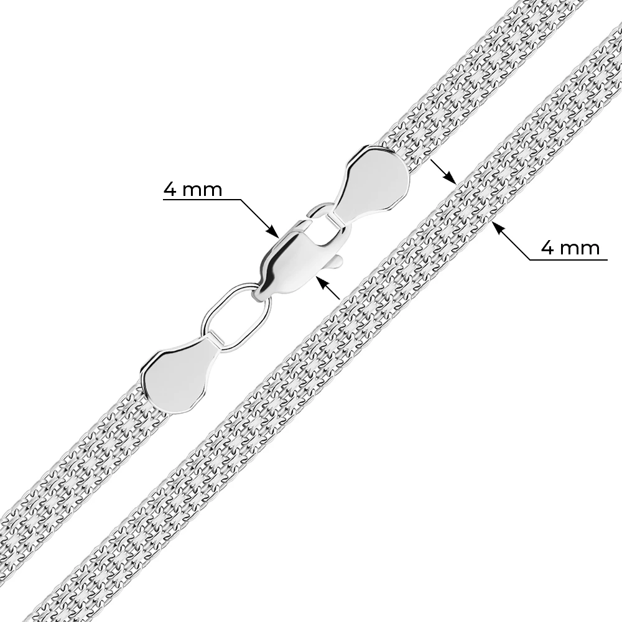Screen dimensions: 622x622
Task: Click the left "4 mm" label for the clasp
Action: pyautogui.click(x=193, y=190)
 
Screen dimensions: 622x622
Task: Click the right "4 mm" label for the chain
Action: pyautogui.click(x=570, y=248)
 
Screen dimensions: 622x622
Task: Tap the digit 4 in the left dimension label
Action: pyautogui.click(x=170, y=190)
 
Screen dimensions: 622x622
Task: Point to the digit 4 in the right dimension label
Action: pyautogui.click(x=547, y=248)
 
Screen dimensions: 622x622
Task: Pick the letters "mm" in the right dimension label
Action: pyautogui.click(x=579, y=250)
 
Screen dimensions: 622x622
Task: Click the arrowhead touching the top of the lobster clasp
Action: pyautogui.click(x=273, y=231)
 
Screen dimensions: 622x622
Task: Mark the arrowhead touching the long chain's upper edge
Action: pyautogui.click(x=450, y=178)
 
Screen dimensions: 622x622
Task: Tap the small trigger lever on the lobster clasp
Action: pyautogui.click(x=336, y=261)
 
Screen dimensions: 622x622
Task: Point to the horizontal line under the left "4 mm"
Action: pyautogui.click(x=202, y=199)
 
